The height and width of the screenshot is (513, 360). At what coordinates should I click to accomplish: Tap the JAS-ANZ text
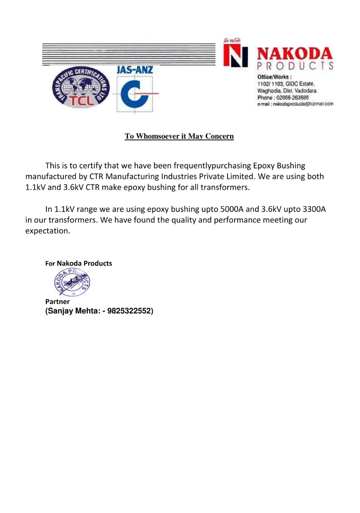tap(135, 70)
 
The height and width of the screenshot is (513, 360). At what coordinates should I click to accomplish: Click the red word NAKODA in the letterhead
tap(294, 54)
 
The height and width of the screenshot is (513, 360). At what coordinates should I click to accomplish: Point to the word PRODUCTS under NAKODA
tap(294, 66)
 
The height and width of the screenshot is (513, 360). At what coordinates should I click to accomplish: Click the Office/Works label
tap(274, 77)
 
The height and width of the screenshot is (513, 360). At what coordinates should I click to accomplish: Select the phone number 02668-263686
tap(292, 97)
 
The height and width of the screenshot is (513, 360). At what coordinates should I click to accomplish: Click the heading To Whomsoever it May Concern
tap(179, 136)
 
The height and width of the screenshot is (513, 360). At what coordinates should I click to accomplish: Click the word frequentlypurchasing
tap(212, 165)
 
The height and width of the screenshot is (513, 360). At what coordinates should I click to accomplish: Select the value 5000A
tap(232, 209)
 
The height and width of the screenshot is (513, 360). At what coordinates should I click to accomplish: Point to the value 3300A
tap(314, 209)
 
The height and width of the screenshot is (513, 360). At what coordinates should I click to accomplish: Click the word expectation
tap(48, 231)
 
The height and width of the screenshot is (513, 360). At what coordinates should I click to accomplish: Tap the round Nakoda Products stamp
tap(72, 283)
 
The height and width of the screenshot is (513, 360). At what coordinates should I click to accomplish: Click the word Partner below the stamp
tap(58, 301)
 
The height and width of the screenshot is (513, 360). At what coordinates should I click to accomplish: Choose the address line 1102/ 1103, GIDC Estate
tap(286, 84)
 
